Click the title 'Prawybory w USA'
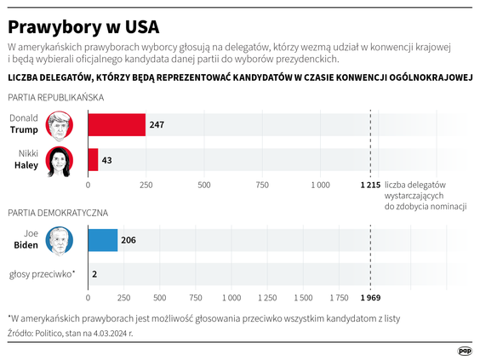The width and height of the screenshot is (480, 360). pyautogui.click(x=83, y=21)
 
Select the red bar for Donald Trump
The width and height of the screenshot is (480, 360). pyautogui.click(x=117, y=125)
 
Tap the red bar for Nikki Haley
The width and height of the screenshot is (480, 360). pyautogui.click(x=93, y=160)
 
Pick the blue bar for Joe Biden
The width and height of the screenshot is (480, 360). pyautogui.click(x=103, y=241)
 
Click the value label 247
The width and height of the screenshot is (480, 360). pyautogui.click(x=157, y=125)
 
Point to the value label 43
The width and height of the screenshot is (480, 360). pyautogui.click(x=107, y=160)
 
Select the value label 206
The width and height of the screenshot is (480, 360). pyautogui.click(x=128, y=241)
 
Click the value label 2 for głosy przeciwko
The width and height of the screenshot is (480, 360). pyautogui.click(x=94, y=274)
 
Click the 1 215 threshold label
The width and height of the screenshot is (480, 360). pyautogui.click(x=369, y=184)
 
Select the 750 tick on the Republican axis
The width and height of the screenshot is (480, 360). pyautogui.click(x=261, y=184)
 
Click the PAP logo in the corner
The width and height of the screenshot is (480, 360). pyautogui.click(x=465, y=349)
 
